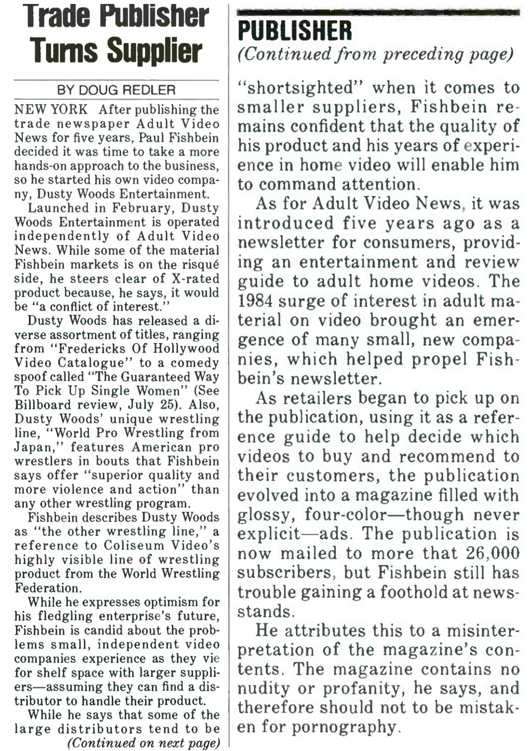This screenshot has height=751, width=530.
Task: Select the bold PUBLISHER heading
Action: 295,31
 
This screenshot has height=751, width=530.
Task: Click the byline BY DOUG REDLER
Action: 116,90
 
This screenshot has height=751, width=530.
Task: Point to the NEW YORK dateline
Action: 51,109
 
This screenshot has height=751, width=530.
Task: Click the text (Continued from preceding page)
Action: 376,54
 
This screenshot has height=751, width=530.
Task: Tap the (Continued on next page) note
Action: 143,743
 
